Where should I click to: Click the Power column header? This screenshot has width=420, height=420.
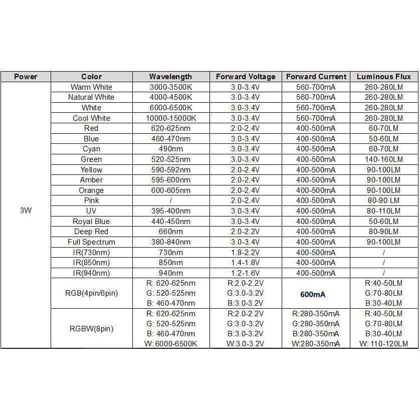[26, 77]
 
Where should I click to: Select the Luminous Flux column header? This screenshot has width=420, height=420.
[383, 77]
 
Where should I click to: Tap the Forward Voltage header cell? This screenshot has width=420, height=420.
[246, 77]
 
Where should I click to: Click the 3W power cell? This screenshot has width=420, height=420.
[26, 211]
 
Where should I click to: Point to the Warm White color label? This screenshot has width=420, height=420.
[91, 87]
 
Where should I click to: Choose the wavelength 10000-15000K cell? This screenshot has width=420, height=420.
[170, 118]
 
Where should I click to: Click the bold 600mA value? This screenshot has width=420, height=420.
[316, 293]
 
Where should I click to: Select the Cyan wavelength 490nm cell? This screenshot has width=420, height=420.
[170, 149]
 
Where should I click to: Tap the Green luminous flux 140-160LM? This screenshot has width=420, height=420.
[383, 159]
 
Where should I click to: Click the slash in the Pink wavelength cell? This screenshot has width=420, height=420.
[170, 200]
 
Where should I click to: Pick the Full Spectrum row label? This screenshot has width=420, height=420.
[91, 242]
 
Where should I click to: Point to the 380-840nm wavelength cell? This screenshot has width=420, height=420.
[170, 242]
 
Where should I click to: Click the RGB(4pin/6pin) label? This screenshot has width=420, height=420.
[91, 293]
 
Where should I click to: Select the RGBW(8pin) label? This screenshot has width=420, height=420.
[91, 329]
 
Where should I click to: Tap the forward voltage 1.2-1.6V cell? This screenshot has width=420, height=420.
[246, 273]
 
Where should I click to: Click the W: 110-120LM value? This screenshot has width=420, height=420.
[383, 344]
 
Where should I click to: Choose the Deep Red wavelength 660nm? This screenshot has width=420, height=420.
[170, 232]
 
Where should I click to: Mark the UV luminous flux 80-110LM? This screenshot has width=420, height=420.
[383, 211]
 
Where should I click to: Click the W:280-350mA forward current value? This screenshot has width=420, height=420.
[316, 344]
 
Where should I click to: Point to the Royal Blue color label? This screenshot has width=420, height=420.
[91, 222]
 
